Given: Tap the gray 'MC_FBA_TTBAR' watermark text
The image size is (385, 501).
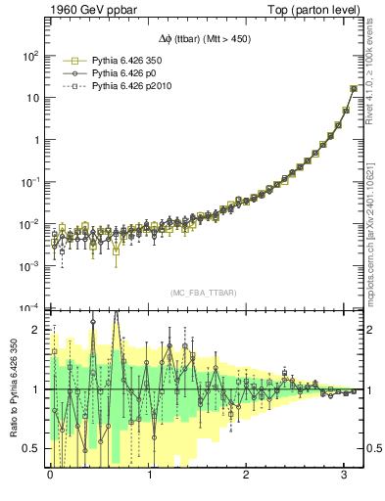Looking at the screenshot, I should point(204,294).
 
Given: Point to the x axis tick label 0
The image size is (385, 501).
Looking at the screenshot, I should point(51,477).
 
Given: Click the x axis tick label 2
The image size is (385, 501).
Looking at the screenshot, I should point(247,477).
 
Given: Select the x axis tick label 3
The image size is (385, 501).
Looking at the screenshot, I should point(345,477).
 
